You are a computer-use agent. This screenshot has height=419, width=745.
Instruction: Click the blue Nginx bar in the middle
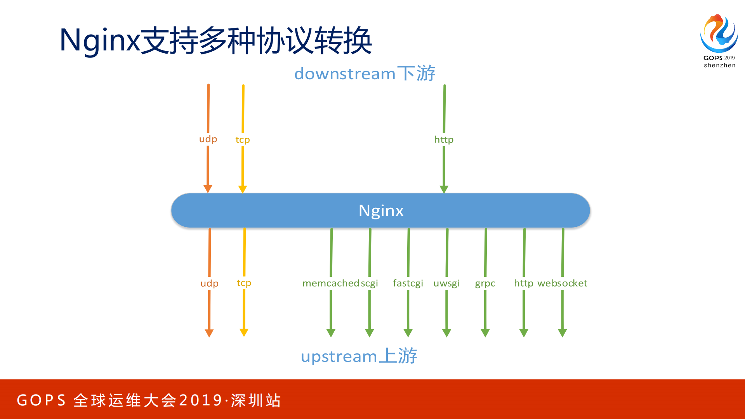(380, 210)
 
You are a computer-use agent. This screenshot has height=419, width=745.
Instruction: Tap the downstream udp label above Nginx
(208, 139)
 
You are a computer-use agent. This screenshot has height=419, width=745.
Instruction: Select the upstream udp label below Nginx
(209, 283)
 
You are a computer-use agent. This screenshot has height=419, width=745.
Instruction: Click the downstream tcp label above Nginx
(243, 140)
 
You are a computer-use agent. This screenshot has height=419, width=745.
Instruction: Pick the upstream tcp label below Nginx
(244, 283)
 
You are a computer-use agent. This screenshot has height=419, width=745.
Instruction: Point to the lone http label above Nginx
(444, 139)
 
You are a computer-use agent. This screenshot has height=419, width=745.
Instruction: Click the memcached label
(331, 283)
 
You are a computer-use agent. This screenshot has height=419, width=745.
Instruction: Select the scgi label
(370, 283)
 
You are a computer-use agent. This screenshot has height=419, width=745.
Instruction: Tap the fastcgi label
(408, 283)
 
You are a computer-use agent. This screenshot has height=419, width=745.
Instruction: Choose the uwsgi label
(446, 283)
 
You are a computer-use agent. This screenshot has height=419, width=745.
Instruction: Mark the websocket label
(562, 283)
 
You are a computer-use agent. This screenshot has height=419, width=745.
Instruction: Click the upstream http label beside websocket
(523, 283)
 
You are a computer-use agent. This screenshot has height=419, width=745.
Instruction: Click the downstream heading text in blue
(365, 73)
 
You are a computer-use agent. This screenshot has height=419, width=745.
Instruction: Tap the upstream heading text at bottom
(359, 356)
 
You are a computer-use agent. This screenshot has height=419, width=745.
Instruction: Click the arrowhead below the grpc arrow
(485, 333)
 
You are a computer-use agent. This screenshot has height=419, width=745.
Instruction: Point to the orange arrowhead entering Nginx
(208, 189)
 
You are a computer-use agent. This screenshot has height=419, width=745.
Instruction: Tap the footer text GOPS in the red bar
(42, 400)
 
